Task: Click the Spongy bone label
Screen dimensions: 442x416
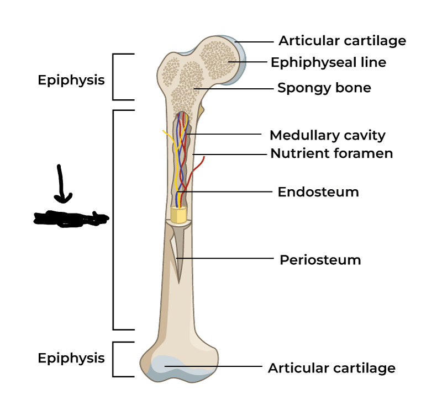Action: [x=324, y=88]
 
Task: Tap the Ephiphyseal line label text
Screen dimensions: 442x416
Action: [x=328, y=62]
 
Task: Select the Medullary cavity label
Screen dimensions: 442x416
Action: [x=327, y=135]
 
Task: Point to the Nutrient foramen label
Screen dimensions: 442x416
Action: [x=331, y=153]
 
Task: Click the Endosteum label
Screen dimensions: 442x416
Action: [x=318, y=192]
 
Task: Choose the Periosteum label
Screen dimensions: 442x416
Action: [x=320, y=259]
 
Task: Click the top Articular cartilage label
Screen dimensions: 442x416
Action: [x=342, y=41]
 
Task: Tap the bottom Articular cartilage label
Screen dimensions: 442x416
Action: [x=331, y=368]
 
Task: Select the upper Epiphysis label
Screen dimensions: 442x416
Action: [x=71, y=80]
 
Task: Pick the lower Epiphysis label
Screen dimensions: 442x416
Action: [x=71, y=358]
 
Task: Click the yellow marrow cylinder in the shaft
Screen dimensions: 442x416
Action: [x=178, y=215]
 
